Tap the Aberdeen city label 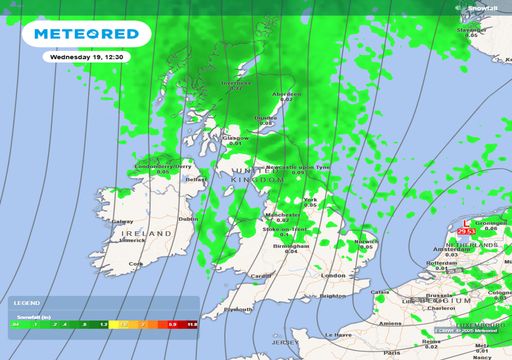pos(287,94)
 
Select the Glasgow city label pos(236,138)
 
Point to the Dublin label pos(186,218)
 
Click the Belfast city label pos(196,179)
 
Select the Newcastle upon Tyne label pos(297,166)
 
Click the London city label pos(332,275)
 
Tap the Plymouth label pos(239,309)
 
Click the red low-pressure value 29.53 pos(465,232)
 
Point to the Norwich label pos(368,240)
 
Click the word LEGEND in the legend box pos(27,301)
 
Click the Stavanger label pos(471,30)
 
